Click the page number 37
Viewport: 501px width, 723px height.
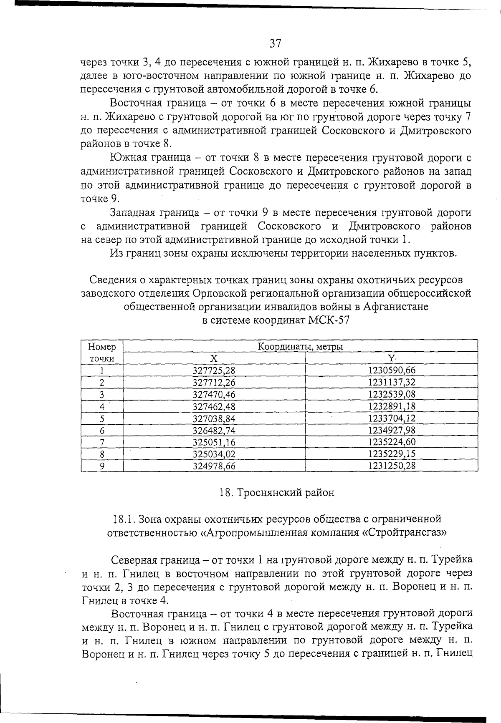click(275, 43)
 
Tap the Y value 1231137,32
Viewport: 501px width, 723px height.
click(392, 382)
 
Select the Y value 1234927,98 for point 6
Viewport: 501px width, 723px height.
click(392, 430)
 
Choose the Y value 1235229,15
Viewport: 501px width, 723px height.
click(392, 454)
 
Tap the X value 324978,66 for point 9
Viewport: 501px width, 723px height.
click(214, 466)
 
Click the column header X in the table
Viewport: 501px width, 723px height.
click(214, 358)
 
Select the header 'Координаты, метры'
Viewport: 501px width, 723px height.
click(300, 346)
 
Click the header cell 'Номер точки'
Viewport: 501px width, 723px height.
click(102, 353)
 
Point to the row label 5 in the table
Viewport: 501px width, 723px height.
click(102, 418)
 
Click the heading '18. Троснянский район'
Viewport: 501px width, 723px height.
click(276, 493)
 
